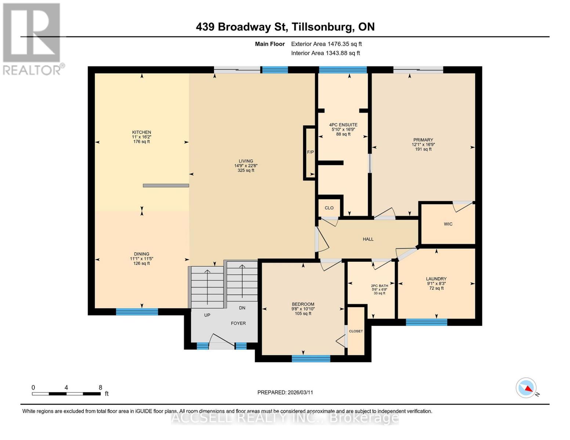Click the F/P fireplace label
pos(311,152)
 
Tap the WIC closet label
pos(448,224)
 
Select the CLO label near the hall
pos(329,208)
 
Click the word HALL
pos(368,239)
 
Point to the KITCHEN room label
pos(142,132)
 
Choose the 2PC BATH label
pos(380,286)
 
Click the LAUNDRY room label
pos(436,279)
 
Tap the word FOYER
pos(238,323)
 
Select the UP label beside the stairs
pos(207,315)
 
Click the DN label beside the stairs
pos(242,308)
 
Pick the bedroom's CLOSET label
pos(356,331)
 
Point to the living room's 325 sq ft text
pos(246,170)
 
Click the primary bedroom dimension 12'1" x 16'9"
pos(423,144)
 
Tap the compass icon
pos(526,388)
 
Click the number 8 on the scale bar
pos(100,388)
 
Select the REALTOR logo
pos(32,38)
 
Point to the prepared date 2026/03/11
pos(300,392)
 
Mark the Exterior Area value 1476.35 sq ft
pos(344,44)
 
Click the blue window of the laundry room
pos(426,322)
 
